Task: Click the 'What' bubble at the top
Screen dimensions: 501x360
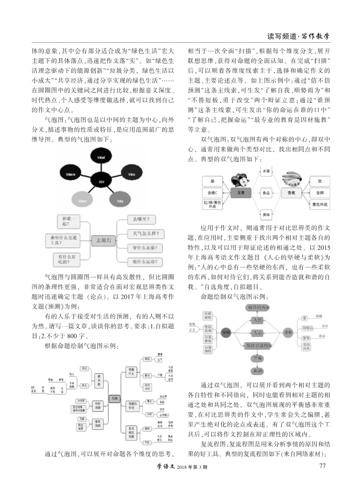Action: [x=101, y=158]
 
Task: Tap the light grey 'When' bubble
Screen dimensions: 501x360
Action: [x=82, y=200]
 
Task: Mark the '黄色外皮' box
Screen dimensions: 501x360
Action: [x=320, y=203]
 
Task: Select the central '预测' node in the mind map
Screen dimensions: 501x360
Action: [x=114, y=398]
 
